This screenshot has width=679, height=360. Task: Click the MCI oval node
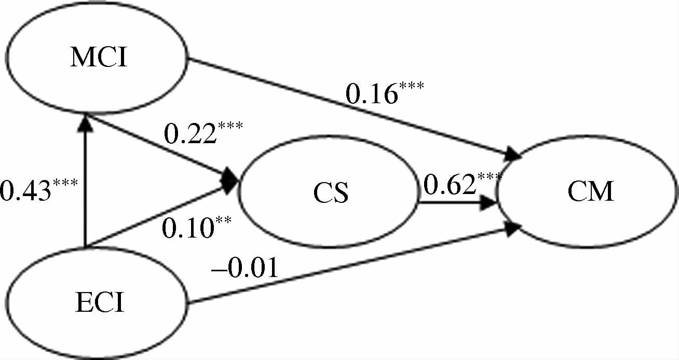point(99,59)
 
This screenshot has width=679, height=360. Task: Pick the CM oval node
point(590,193)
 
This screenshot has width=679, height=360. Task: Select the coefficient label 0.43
point(26,191)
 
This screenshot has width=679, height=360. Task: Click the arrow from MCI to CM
point(353,108)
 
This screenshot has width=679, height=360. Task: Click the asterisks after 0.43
point(65,184)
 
